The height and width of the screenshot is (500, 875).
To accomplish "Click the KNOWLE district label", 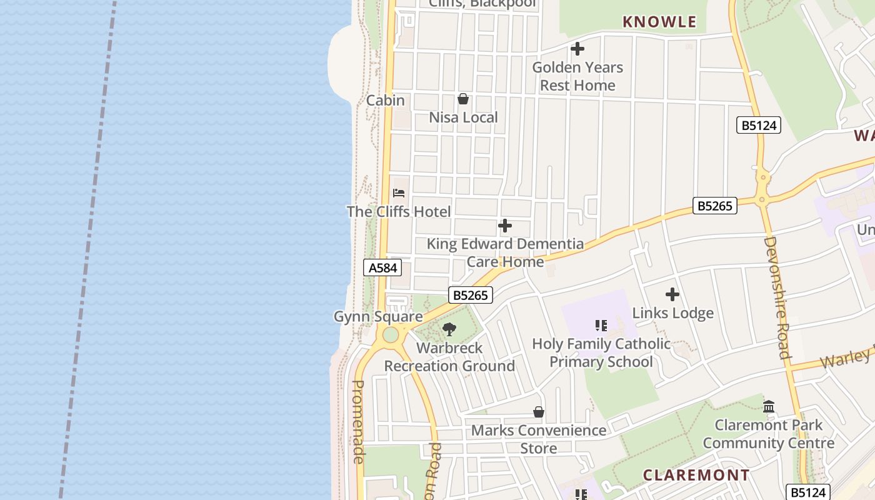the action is point(659,22).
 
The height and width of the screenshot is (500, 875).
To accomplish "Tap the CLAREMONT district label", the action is point(696,475).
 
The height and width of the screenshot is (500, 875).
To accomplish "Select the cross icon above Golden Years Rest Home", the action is point(577,49).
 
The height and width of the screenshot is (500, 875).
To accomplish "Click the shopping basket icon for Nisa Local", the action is point(463,99).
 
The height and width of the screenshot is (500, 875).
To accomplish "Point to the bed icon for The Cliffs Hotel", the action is point(399,193).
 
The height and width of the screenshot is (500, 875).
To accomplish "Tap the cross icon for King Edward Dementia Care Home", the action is point(505,226).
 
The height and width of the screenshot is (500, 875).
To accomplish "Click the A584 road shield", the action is point(382,268).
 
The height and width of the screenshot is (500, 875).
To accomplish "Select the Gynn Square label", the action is point(377,317).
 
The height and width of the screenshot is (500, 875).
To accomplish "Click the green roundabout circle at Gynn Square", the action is point(391,335).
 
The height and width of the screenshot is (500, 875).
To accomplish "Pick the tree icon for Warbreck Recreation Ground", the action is point(449,329).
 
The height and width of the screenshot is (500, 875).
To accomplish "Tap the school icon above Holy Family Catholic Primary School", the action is point(601,326).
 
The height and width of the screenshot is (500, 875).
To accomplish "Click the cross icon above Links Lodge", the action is point(672,294).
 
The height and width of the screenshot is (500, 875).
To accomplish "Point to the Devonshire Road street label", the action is point(777,297).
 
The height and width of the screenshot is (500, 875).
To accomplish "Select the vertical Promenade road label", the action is point(359,422).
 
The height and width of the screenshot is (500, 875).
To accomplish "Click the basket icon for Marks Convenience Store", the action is point(538,412).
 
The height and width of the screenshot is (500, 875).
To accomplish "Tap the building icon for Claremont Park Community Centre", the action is point(769,407).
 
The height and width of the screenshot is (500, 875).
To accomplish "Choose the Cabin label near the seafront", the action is point(385,101).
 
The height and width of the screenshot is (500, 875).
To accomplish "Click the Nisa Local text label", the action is point(463,117).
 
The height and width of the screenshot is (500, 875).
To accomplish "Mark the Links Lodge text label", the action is point(672,313).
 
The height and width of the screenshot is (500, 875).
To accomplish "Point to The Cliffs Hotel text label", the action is point(399,212).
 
